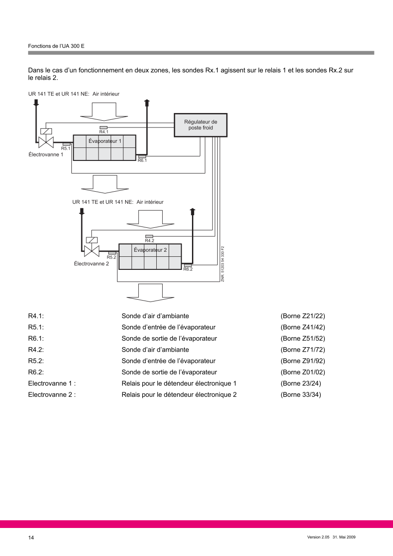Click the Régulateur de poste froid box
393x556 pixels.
pyautogui.click(x=201, y=125)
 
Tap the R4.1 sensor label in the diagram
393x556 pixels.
pyautogui.click(x=104, y=132)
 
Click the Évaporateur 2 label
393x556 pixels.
pyautogui.click(x=150, y=250)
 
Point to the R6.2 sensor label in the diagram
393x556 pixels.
pyautogui.click(x=188, y=269)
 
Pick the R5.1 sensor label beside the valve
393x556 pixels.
pyautogui.click(x=66, y=148)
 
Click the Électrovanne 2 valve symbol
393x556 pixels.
pyautogui.click(x=92, y=251)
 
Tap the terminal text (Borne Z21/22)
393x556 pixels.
pyautogui.click(x=303, y=316)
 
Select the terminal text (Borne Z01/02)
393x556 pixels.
pyautogui.click(x=303, y=372)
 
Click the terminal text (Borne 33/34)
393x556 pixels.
pyautogui.click(x=301, y=395)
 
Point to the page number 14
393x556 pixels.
pyautogui.click(x=31, y=537)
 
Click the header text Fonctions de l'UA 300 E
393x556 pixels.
pyautogui.click(x=56, y=46)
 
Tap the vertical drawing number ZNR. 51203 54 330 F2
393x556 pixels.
pyautogui.click(x=223, y=264)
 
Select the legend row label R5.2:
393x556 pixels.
pyautogui.click(x=36, y=361)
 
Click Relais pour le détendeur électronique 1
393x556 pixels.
pyautogui.click(x=179, y=383)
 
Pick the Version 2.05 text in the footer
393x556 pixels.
pyautogui.click(x=318, y=537)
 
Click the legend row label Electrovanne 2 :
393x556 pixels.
pyautogui.click(x=52, y=395)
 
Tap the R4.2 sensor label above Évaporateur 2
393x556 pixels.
pyautogui.click(x=150, y=240)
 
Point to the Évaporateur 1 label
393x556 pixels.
pyautogui.click(x=105, y=141)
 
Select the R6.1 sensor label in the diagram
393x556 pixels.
pyautogui.click(x=142, y=160)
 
